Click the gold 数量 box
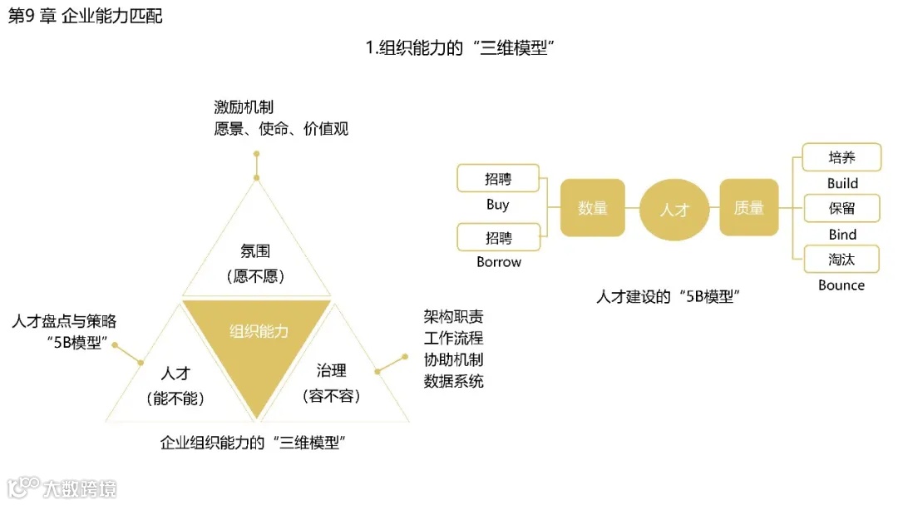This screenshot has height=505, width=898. [x=593, y=208]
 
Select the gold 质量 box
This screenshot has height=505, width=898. [x=748, y=208]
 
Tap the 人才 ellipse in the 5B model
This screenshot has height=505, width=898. [x=674, y=209]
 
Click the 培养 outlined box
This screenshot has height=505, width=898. [x=841, y=157]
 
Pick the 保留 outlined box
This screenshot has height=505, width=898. [x=841, y=208]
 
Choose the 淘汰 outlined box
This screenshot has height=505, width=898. [x=841, y=259]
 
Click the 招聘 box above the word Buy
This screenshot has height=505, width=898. [x=498, y=178]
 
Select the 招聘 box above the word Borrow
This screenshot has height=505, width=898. [x=498, y=237]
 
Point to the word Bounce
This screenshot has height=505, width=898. [x=841, y=285]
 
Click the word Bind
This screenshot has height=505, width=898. [x=842, y=235]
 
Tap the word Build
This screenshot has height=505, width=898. [x=842, y=183]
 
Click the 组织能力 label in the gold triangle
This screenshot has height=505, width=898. [x=259, y=331]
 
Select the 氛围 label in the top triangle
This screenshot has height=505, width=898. [x=255, y=250]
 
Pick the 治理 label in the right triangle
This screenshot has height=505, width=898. [x=330, y=370]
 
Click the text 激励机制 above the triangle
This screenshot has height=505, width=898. [x=244, y=107]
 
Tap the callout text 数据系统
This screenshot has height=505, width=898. [x=453, y=381]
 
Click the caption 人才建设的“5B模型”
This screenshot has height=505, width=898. [x=669, y=296]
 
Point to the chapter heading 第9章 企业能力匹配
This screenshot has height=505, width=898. [x=85, y=17]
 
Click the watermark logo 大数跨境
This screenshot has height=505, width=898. [x=62, y=488]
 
